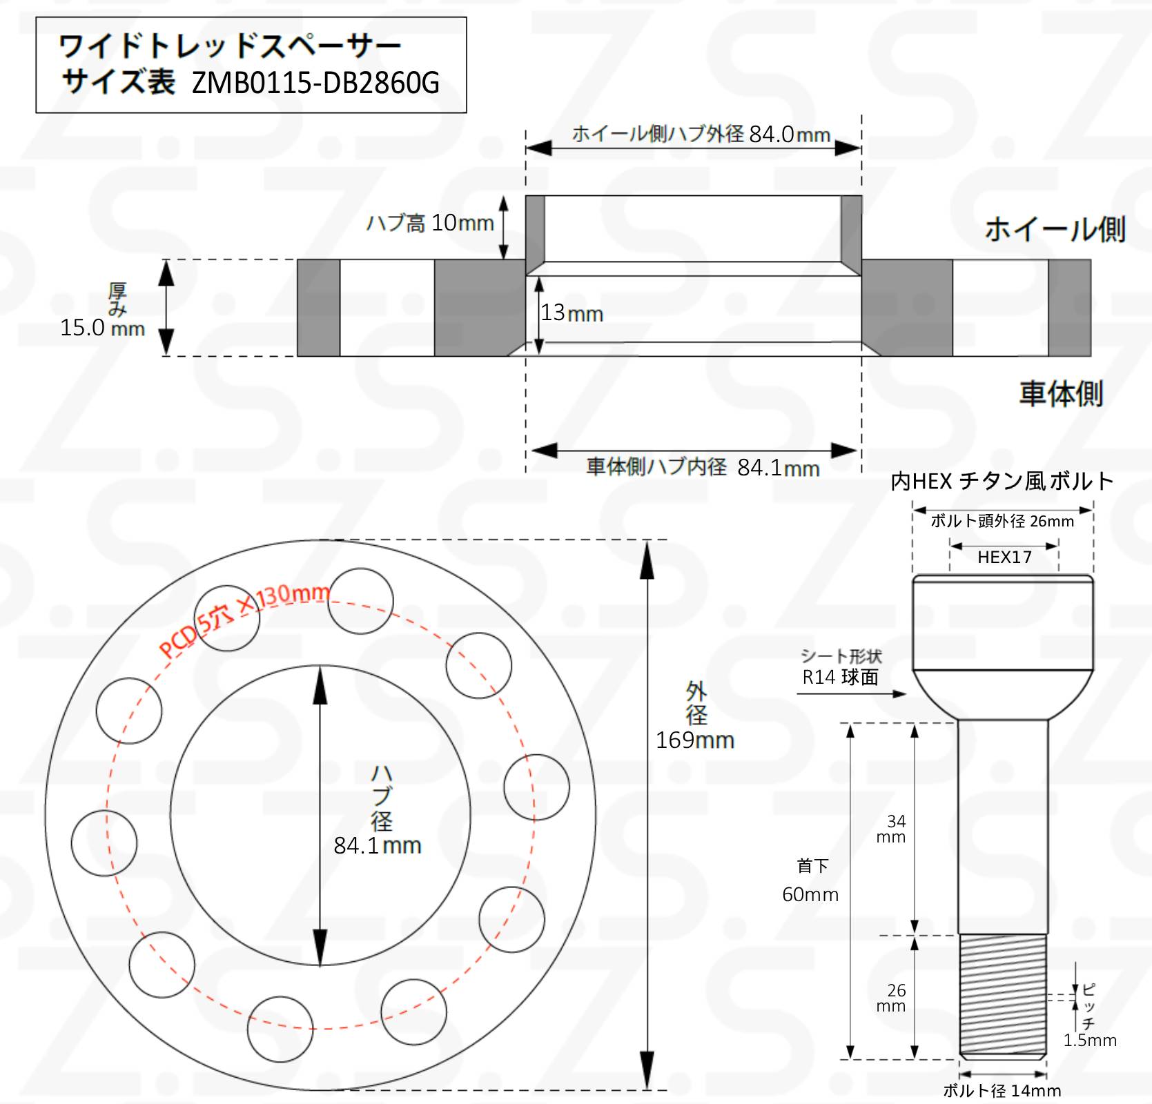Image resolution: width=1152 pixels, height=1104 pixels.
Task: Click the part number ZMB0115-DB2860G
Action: click(315, 83)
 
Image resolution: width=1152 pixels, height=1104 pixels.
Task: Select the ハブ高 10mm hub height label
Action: click(430, 223)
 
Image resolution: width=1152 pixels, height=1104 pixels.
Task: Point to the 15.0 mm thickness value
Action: click(102, 327)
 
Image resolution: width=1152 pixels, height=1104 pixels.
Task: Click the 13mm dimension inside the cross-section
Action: click(572, 313)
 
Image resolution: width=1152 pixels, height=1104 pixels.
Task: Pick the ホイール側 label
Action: click(1055, 229)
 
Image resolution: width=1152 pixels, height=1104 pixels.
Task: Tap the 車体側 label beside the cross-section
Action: click(1061, 393)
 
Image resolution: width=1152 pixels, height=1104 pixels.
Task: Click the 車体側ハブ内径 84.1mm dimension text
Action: click(703, 467)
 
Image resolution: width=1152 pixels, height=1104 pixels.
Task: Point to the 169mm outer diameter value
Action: click(695, 740)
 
